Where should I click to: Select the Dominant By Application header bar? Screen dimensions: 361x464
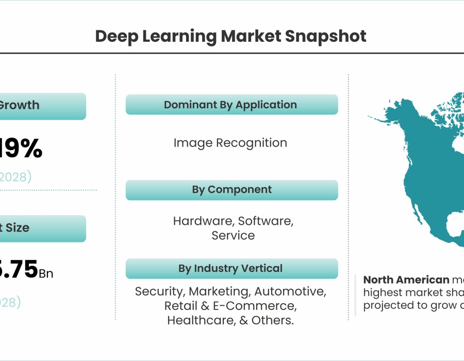click(x=231, y=105)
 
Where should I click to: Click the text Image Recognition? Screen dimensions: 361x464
click(x=230, y=143)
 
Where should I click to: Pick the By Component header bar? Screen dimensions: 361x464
click(x=231, y=190)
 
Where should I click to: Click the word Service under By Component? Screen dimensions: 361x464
click(x=233, y=236)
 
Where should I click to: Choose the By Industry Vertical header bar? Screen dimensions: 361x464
click(x=231, y=268)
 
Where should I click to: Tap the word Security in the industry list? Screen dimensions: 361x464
click(x=159, y=291)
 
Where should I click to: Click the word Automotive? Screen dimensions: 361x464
click(x=290, y=291)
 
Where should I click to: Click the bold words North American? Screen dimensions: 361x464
click(x=406, y=280)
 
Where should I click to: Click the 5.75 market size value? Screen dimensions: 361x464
click(x=20, y=270)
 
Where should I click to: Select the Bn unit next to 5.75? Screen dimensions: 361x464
click(x=46, y=273)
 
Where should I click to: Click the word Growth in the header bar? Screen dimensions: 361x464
click(x=19, y=105)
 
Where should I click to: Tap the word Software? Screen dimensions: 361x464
click(x=266, y=221)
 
